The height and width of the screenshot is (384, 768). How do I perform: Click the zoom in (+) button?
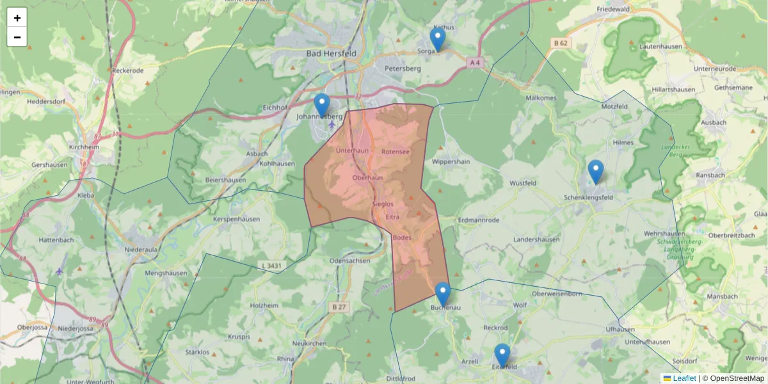(x=17, y=18)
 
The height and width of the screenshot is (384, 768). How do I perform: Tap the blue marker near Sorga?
(x=438, y=38)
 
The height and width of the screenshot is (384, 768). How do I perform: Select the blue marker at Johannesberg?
(x=322, y=104)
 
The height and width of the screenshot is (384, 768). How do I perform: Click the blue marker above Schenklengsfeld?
(x=596, y=171)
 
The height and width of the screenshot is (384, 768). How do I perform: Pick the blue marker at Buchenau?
(x=443, y=293)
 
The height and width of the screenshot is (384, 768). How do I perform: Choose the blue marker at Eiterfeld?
(x=502, y=355)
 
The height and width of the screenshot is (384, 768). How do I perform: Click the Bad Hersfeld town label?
(x=332, y=54)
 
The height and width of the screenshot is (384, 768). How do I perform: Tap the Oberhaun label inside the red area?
(x=367, y=177)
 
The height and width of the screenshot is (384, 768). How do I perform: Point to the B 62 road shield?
(x=561, y=43)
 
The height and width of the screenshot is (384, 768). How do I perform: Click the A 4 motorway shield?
(x=474, y=63)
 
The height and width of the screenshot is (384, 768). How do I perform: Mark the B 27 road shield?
(x=339, y=307)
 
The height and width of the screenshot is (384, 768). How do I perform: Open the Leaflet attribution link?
(x=684, y=378)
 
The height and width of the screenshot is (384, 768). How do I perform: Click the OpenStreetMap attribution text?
(x=736, y=378)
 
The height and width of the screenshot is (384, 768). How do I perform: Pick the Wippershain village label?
(x=451, y=161)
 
